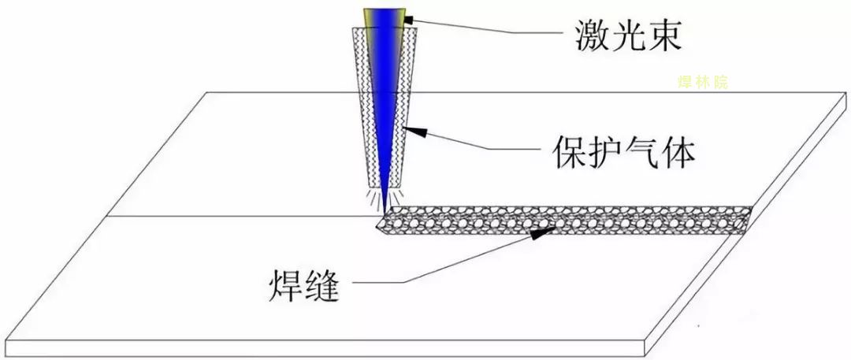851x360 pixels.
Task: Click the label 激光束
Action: coord(628,35)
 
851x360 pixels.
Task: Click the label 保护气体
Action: coord(623,151)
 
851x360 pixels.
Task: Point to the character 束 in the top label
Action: coord(663,35)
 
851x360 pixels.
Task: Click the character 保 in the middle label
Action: coord(570,151)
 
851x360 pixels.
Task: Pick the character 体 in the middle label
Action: coord(678,151)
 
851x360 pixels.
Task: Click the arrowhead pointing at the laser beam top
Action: coord(408,20)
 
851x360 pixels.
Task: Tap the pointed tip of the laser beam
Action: coord(385,213)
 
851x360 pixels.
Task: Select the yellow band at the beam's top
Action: coord(385,17)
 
